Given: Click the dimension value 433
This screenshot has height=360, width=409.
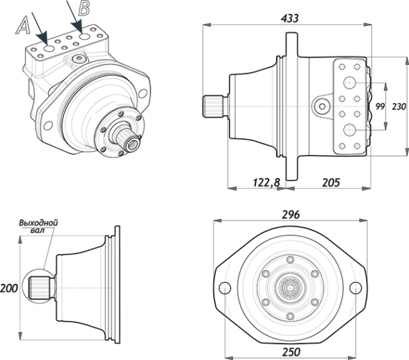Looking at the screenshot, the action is tap(289, 19).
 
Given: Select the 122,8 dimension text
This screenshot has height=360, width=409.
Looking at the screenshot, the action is tap(266, 183).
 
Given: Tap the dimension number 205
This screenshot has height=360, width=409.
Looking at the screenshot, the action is tap(331, 183).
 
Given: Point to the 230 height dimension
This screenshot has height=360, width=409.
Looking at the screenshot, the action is tap(399, 107).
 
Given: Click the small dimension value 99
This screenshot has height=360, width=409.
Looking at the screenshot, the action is tap(380, 107).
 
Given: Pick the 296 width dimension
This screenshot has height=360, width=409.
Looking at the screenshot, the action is tap(291, 214).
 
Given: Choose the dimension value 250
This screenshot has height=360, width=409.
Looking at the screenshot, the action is tap(291, 352).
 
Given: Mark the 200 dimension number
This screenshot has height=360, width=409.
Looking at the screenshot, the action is tap(9, 289).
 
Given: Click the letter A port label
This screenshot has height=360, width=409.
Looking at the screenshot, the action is tap(23, 25).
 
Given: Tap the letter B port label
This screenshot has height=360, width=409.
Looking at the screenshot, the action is tap(84, 8).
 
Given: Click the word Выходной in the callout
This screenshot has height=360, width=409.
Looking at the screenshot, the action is tap(38, 223).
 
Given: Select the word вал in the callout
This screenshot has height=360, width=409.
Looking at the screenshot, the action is tap(37, 230).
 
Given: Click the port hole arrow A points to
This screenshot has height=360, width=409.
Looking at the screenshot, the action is tap(49, 48).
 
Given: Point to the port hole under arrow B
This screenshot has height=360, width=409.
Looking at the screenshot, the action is tap(85, 36).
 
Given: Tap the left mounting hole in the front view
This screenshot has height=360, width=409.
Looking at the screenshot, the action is tap(224, 288).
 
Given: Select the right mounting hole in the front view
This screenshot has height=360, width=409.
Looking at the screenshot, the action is tap(355, 288).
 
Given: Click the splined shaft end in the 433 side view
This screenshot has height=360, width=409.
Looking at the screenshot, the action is tap(213, 107).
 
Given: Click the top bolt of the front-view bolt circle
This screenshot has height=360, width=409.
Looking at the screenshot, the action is tap(290, 260).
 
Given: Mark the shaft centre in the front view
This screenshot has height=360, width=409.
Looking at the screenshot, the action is tap(290, 288).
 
